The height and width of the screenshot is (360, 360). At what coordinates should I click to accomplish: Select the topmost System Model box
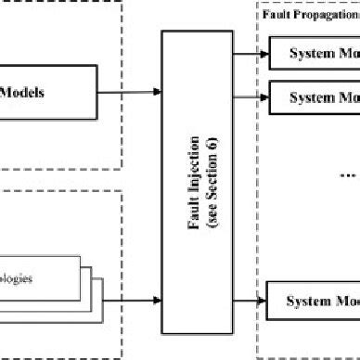[314, 52]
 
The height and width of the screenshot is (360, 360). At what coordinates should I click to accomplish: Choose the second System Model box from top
[314, 96]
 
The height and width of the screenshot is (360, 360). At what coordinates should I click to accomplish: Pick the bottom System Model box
[314, 301]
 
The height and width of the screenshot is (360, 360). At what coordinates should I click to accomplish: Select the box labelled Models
[46, 92]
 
